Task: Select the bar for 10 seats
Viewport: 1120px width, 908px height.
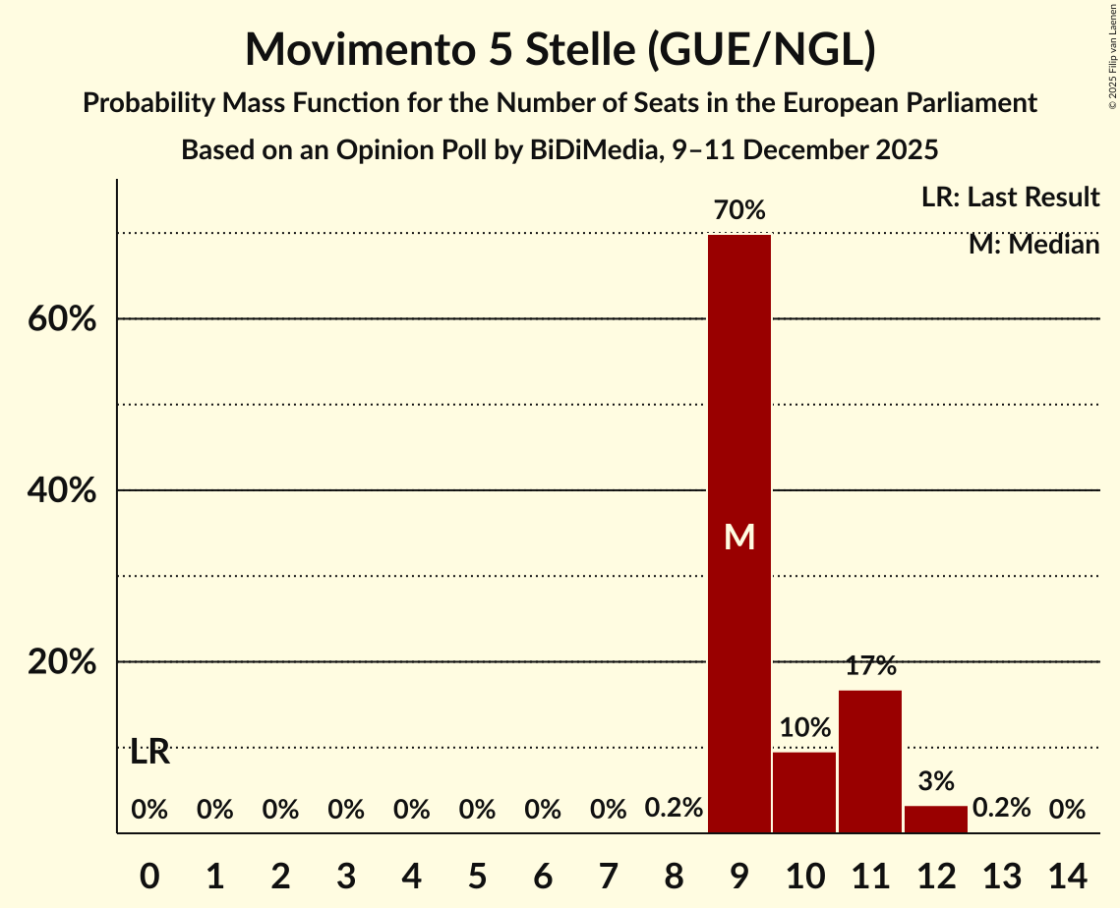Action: pos(804,792)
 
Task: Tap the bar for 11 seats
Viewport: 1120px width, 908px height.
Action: pos(870,762)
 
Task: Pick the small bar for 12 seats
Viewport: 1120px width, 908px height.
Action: pos(936,819)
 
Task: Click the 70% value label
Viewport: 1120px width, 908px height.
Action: pos(739,209)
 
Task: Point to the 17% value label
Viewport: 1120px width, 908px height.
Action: pos(870,666)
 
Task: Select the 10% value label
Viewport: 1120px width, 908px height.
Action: pos(804,728)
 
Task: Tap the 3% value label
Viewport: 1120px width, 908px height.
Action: pos(936,781)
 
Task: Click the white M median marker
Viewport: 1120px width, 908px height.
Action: pos(739,537)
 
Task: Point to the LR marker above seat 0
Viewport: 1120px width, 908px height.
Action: pos(149,753)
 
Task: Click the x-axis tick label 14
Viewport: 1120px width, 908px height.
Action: pos(1067,874)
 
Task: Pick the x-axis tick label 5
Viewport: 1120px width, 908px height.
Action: pos(477,874)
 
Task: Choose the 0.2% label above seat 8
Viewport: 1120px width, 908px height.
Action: pos(674,809)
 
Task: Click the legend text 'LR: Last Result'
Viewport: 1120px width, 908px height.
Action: pos(1010,198)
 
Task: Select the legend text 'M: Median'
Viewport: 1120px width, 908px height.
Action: pos(1033,244)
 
